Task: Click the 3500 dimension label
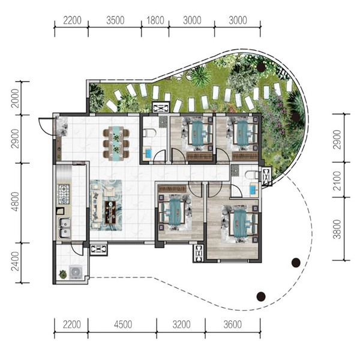(115, 20)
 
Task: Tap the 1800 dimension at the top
(155, 20)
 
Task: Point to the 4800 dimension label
(16, 202)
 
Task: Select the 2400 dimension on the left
(16, 261)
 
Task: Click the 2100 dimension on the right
(337, 181)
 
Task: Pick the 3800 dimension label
(337, 229)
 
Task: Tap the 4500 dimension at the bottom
(123, 325)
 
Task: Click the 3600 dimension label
(233, 325)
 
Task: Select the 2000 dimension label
(16, 98)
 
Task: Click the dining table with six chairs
(116, 143)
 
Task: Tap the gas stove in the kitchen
(64, 194)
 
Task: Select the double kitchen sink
(65, 228)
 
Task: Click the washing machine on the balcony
(76, 272)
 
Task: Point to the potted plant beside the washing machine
(62, 274)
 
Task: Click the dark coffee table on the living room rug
(110, 212)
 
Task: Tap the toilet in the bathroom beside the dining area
(149, 133)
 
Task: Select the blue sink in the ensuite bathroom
(254, 190)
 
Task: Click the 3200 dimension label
(181, 325)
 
